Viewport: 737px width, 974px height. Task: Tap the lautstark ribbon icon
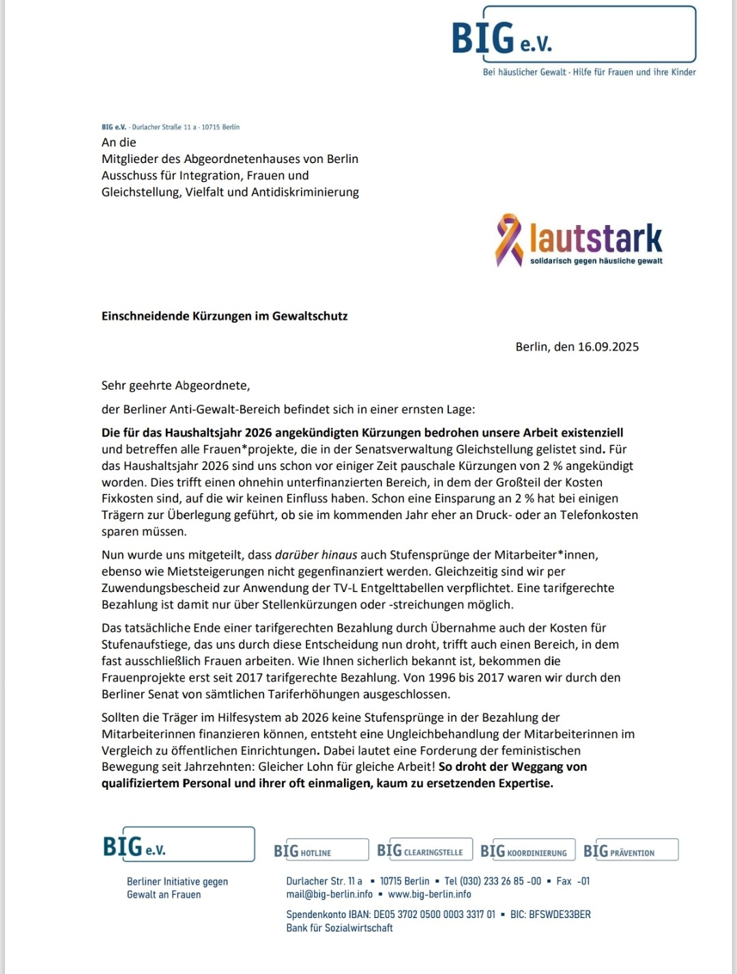(x=508, y=239)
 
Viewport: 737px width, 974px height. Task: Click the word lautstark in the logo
(x=596, y=238)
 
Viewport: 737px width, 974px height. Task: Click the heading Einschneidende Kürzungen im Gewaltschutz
(x=225, y=316)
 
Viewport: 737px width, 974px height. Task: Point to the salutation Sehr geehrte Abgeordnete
(x=175, y=385)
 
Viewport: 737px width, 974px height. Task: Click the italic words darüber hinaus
(x=316, y=555)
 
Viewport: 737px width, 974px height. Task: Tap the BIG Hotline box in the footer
(x=321, y=850)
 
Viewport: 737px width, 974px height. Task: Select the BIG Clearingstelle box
(x=424, y=850)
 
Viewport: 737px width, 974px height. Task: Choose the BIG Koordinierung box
(x=528, y=850)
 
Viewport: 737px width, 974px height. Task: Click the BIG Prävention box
(x=631, y=850)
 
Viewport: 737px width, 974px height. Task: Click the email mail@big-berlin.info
(x=330, y=894)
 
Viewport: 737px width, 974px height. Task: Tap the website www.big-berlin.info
(x=429, y=894)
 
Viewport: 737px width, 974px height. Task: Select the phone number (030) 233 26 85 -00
(x=500, y=881)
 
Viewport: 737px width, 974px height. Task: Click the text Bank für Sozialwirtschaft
(x=339, y=928)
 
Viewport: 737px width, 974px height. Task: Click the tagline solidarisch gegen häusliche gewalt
(x=596, y=261)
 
